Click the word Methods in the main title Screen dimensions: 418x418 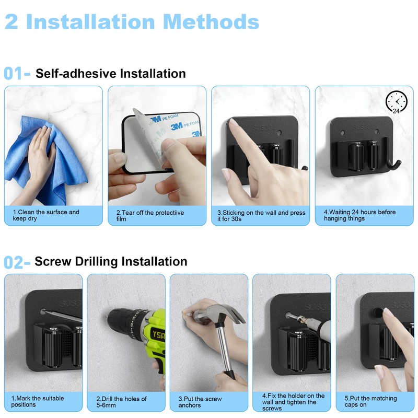(211, 22)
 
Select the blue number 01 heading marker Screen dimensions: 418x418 (14, 74)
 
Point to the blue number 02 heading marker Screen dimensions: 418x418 (14, 262)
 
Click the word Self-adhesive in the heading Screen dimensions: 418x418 (76, 74)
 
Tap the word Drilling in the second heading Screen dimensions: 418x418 (96, 262)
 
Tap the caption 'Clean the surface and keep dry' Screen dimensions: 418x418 (46, 215)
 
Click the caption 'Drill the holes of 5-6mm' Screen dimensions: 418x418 (122, 402)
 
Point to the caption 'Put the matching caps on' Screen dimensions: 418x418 (371, 401)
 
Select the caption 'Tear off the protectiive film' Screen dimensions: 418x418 (150, 216)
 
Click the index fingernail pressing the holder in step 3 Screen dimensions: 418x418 (234, 122)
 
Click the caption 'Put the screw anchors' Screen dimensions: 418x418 (200, 402)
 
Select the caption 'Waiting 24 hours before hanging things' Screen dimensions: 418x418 (360, 215)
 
